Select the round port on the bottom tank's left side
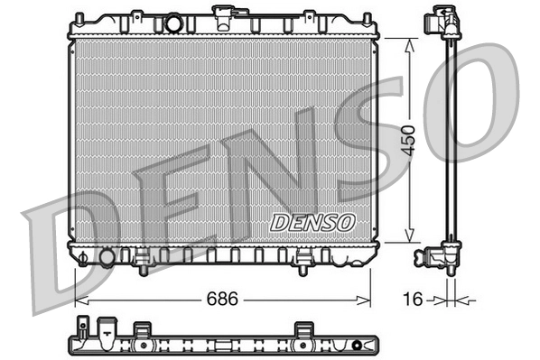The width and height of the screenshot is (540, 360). click(x=107, y=257)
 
